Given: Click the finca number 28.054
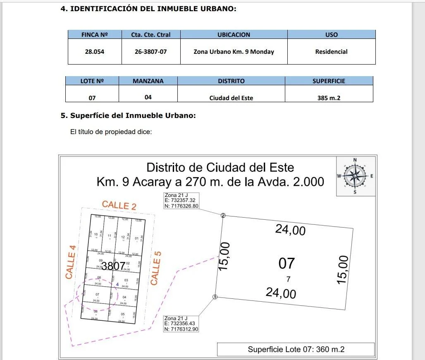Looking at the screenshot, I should click(x=95, y=52).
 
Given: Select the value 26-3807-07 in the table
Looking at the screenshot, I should click(x=151, y=52).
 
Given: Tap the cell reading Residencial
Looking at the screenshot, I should click(x=331, y=52).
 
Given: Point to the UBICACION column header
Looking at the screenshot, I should click(x=234, y=35).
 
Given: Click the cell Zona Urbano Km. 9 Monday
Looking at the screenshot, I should click(x=234, y=52).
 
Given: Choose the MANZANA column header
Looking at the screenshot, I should click(x=148, y=81).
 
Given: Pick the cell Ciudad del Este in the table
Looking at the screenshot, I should click(x=231, y=98).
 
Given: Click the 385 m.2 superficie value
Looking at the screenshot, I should click(x=329, y=98).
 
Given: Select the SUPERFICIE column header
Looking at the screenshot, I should click(x=329, y=81).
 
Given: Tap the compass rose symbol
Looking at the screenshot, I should click(x=355, y=176).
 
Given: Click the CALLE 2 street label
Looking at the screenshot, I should click(x=119, y=205).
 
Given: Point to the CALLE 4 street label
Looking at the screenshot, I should click(x=71, y=262).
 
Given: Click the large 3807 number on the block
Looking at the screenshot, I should click(x=113, y=266).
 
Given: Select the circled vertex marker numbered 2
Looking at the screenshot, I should click(x=223, y=215).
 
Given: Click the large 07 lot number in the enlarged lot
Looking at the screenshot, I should click(x=287, y=263).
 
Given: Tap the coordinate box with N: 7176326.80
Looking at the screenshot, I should click(x=181, y=201).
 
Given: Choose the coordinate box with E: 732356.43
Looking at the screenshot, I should click(x=181, y=323).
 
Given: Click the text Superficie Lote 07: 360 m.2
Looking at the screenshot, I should click(x=296, y=349).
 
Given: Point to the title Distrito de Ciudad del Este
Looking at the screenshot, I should click(x=220, y=168).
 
